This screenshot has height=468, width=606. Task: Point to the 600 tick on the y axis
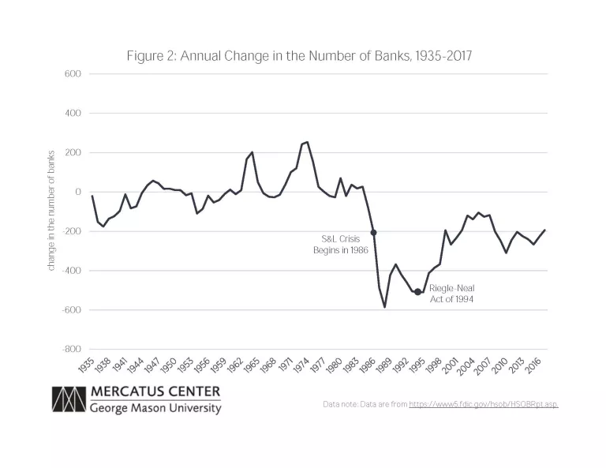73,74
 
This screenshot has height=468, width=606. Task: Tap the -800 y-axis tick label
71,349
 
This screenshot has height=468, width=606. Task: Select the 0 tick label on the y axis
78,192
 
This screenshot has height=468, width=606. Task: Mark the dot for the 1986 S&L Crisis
373,233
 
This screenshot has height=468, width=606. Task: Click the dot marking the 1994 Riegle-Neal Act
417,292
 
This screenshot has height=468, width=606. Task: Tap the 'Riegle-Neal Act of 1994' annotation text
452,294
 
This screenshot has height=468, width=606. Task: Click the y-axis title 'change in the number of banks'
50,211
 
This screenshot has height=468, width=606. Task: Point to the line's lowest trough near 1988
384,306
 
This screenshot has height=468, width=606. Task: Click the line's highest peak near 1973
307,142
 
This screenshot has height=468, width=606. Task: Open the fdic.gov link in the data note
483,404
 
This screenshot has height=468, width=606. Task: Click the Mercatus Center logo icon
68,399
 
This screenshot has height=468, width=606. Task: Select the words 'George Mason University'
155,408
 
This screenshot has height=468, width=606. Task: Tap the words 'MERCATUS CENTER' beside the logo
155,391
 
